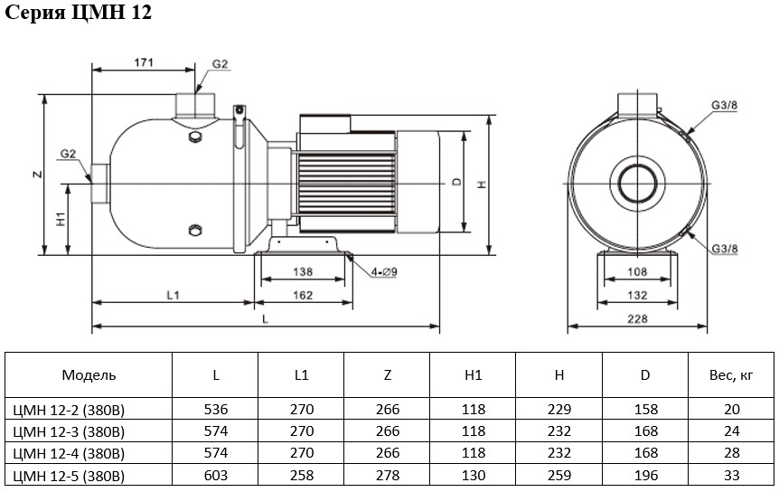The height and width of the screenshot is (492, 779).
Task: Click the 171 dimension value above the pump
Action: tap(144, 62)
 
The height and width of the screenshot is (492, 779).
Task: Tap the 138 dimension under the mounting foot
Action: tap(303, 272)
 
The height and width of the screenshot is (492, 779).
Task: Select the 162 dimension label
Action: tap(303, 295)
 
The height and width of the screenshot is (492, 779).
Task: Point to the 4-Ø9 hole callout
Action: tap(384, 272)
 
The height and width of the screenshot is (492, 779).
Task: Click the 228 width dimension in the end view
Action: tap(637, 318)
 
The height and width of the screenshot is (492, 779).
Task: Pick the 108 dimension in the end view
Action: tap(637, 272)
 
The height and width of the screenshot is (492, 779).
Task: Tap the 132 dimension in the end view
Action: tap(637, 295)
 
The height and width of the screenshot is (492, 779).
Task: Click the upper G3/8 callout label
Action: tap(725, 105)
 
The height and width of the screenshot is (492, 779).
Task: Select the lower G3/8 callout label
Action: tap(725, 249)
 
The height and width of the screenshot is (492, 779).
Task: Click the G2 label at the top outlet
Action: tap(220, 64)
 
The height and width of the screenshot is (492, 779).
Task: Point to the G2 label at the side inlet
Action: tap(68, 154)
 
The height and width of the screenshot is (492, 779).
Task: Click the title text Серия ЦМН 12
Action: tap(78, 12)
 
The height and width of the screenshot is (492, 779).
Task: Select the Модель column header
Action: tap(89, 375)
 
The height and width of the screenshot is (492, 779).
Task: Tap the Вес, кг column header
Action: tap(731, 375)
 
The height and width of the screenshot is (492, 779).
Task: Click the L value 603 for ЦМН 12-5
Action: tap(216, 476)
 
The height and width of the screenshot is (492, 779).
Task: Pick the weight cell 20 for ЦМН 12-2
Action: tap(732, 410)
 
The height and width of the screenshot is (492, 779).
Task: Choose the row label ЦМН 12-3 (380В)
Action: tap(69, 432)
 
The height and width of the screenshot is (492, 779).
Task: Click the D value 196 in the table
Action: tap(646, 476)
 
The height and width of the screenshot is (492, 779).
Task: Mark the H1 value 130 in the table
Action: tap(474, 476)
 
